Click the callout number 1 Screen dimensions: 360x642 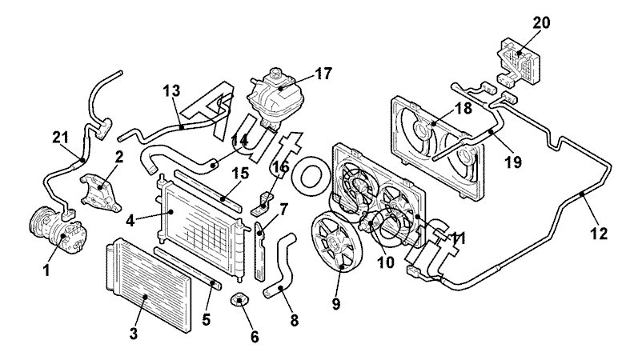pos(46,271)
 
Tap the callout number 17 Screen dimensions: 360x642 pos(323,74)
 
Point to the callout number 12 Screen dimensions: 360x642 pos(598,234)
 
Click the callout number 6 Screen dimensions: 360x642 pos(255,337)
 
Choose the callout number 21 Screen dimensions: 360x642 pos(61,138)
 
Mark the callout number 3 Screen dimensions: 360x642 pos(134,332)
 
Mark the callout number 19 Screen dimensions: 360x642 pos(513,162)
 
